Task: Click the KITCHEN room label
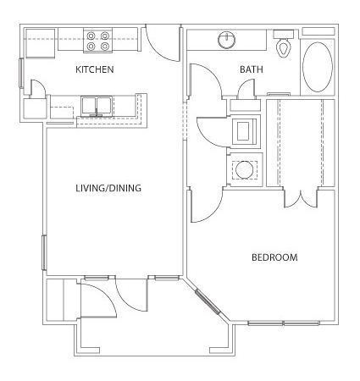coord(95,69)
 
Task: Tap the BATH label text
coord(252,69)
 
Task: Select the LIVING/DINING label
coord(108,188)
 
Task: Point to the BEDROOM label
coord(274,257)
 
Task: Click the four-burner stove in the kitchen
coord(97,41)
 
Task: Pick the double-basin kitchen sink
coord(97,107)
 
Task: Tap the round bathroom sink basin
coord(227,40)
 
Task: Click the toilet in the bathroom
coord(284,44)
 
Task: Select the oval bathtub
coord(318,67)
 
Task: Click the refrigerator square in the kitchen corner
coord(40,43)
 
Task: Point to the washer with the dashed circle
coord(244,170)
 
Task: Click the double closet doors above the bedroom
coord(301,199)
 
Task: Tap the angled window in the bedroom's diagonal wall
coord(208,301)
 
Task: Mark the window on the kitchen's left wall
coord(21,73)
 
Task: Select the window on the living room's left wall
coord(44,252)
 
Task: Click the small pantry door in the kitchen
coord(38,88)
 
